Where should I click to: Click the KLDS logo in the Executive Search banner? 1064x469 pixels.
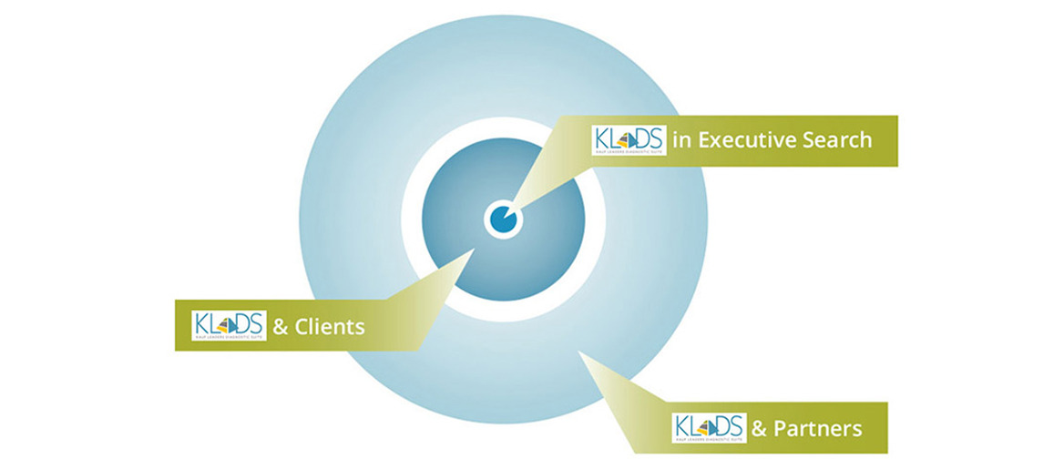629,140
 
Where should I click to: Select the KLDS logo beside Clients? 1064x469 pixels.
229,325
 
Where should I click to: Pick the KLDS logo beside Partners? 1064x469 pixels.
709,427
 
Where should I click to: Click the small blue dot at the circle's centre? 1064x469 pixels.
502,219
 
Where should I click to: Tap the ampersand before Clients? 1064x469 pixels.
280,326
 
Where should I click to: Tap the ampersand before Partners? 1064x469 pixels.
760,428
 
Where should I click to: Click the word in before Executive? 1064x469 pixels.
679,140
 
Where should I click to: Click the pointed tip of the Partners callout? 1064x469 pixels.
580,353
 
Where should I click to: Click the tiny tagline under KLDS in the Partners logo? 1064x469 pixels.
709,439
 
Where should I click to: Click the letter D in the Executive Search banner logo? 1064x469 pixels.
641,138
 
